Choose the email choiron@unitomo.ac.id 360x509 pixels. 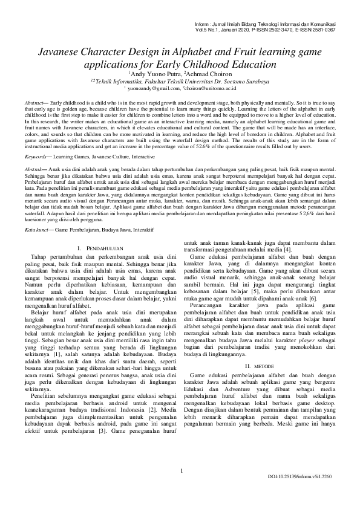coord(211,88)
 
